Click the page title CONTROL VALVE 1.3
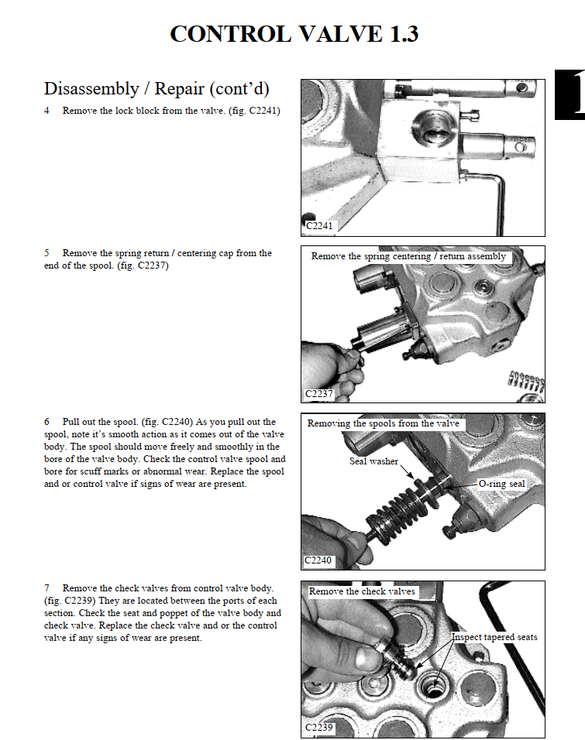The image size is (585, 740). click(x=294, y=34)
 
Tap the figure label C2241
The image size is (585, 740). click(x=318, y=226)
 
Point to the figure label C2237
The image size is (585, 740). click(x=318, y=394)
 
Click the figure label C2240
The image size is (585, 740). click(x=318, y=560)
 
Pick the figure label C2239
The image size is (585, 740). click(x=318, y=728)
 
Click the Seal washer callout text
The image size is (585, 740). click(x=373, y=461)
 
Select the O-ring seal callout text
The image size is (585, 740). click(x=501, y=484)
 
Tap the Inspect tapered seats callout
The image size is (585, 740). click(x=494, y=637)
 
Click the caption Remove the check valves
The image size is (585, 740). click(x=362, y=591)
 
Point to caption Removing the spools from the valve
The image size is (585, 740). click(x=383, y=423)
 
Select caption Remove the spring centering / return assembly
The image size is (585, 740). click(x=408, y=256)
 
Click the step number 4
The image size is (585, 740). click(x=46, y=111)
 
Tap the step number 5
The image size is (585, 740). click(x=46, y=253)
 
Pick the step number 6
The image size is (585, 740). click(x=46, y=422)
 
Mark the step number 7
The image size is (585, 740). click(x=46, y=588)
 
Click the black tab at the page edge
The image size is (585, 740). click(x=570, y=95)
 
